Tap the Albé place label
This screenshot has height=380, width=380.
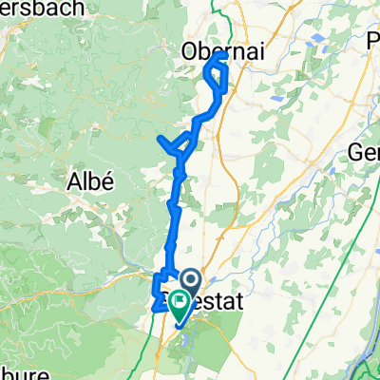[91, 180]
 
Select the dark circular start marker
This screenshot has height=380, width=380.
[189, 281]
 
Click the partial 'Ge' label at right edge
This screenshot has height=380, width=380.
[365, 152]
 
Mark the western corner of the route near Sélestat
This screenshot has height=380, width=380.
[155, 307]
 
